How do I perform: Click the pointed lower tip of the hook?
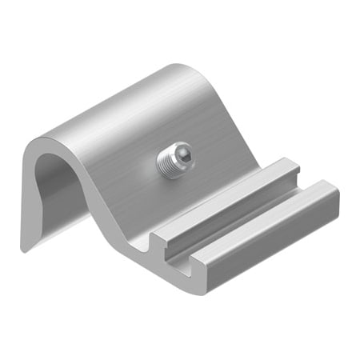click(x=25, y=249)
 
